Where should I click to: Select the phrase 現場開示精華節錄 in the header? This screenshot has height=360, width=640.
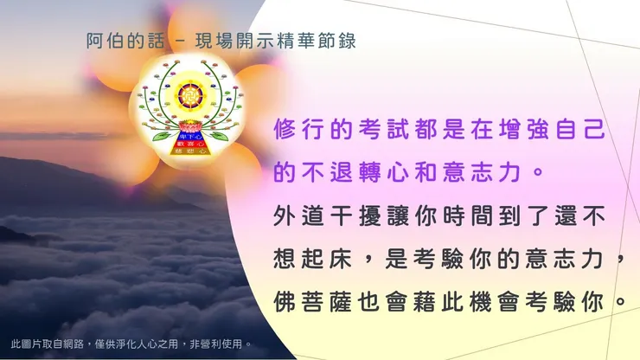tap(285, 40)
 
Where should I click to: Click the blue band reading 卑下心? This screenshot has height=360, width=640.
tap(187, 136)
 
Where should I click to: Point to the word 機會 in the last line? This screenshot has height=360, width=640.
tap(493, 300)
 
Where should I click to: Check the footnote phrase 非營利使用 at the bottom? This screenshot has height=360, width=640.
tap(223, 343)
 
